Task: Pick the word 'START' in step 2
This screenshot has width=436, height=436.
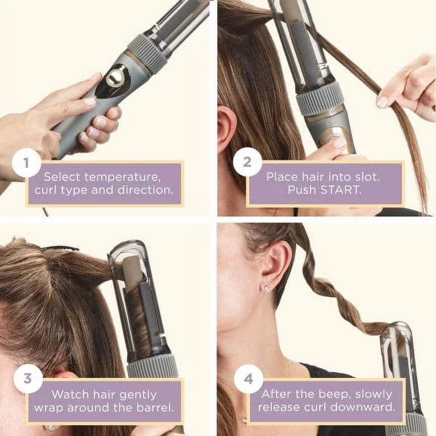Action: pos(341,190)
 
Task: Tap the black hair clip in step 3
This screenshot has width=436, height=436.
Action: pos(59,248)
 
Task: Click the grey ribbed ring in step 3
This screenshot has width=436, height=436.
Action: pos(152,366)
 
